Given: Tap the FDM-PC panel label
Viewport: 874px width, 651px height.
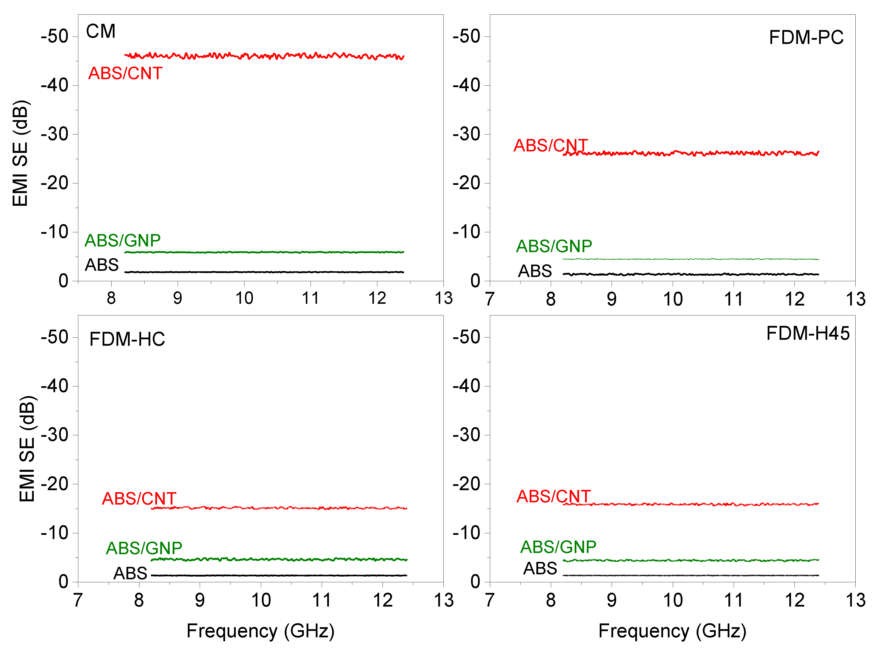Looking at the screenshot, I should [806, 37].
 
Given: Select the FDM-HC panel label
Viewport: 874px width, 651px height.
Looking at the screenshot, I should [127, 339].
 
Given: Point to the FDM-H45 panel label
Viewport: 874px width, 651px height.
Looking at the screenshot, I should [807, 333].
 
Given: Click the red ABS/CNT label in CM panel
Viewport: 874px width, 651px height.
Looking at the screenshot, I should [125, 73].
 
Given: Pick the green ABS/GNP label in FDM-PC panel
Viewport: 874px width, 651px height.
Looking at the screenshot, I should [554, 246].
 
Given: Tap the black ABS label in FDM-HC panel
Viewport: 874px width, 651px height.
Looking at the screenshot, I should [130, 573].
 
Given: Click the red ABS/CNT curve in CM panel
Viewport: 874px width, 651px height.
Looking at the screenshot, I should [264, 56].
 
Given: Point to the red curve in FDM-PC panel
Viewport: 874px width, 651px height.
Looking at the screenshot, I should [690, 153].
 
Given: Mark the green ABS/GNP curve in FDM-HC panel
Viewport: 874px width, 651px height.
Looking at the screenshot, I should [276, 559].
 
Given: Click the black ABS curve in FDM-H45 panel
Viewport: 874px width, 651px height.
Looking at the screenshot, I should [690, 575].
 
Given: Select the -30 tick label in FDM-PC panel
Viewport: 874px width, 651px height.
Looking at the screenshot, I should [466, 134].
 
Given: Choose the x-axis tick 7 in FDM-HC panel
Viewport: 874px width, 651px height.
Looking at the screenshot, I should [78, 600].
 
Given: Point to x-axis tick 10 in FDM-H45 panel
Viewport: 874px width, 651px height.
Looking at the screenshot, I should [673, 600].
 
